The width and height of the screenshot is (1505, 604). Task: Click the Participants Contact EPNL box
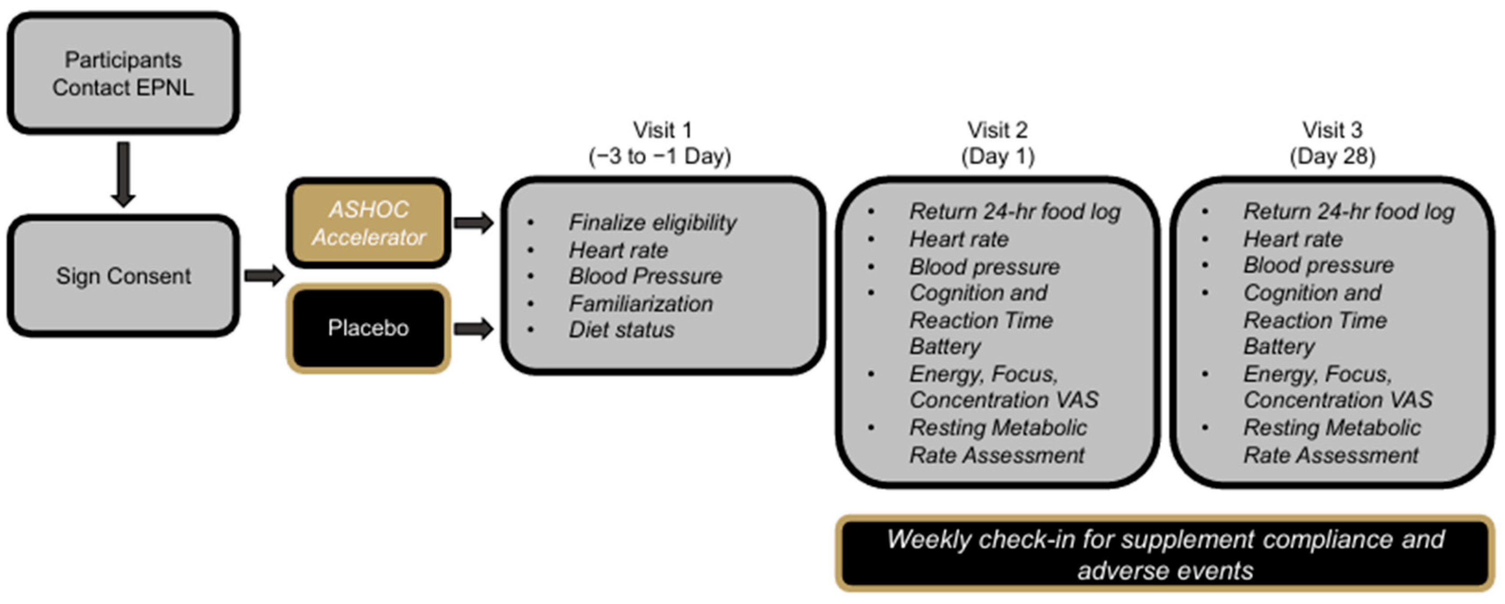[123, 73]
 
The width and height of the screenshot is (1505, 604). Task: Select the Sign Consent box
[123, 275]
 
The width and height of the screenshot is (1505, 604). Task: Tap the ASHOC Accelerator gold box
[368, 223]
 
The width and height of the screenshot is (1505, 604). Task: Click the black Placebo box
[368, 328]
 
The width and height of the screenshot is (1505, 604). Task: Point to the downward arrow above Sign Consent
[123, 174]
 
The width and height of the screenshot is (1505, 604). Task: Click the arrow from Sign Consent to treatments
[263, 275]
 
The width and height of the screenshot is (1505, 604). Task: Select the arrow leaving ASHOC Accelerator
[474, 223]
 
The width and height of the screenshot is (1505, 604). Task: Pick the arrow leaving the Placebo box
[474, 329]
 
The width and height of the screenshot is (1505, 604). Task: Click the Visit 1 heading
[662, 130]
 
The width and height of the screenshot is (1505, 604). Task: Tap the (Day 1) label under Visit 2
[997, 156]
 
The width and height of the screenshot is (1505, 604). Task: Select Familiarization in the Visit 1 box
[640, 304]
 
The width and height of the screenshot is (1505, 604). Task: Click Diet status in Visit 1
[621, 330]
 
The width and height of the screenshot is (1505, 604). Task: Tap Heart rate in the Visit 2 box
[959, 239]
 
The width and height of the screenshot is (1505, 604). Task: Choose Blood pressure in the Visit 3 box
[1318, 265]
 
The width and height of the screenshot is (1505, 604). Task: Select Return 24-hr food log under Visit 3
[1348, 212]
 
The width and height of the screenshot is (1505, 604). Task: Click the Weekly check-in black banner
[1165, 554]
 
